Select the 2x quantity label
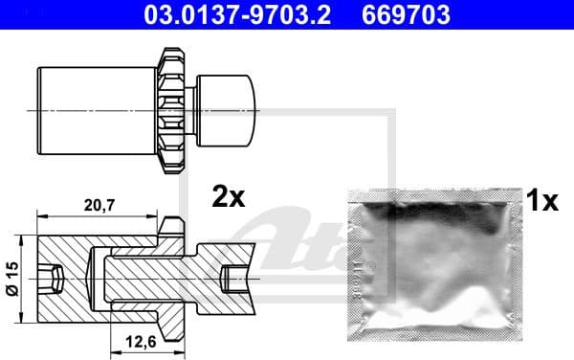tap(229, 197)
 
